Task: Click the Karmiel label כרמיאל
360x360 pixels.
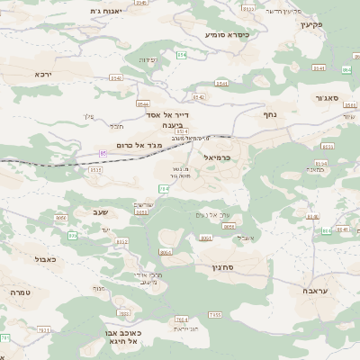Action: coord(218,158)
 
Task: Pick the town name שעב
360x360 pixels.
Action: coord(99,211)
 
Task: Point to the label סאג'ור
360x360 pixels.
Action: coord(326,97)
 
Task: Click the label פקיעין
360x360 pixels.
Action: coord(337,25)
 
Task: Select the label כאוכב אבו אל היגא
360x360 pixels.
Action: coord(146,337)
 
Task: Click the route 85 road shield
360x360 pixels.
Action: coord(103,154)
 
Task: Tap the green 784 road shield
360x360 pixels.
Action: coord(163,189)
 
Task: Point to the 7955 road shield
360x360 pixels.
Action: coord(214,314)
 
